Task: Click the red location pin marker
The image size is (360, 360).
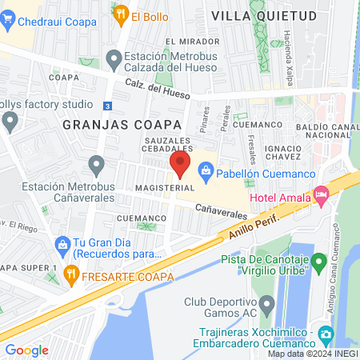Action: (180, 166)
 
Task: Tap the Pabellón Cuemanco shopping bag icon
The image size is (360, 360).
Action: (206, 170)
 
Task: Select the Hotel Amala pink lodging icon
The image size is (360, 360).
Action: (321, 193)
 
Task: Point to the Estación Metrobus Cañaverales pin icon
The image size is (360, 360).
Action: (98, 166)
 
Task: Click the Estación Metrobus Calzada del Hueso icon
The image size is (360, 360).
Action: (114, 58)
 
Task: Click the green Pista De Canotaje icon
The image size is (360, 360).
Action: (318, 261)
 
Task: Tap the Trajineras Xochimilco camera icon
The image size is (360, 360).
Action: (325, 334)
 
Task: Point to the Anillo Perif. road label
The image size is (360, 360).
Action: (250, 222)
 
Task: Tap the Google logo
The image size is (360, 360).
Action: (26, 350)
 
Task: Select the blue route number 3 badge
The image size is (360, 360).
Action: (107, 104)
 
